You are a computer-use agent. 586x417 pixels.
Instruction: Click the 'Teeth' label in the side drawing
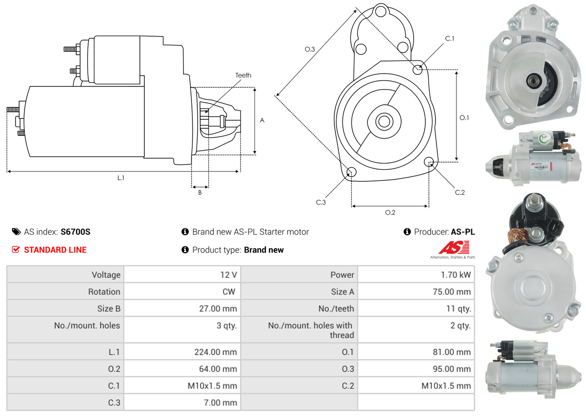(x=243, y=75)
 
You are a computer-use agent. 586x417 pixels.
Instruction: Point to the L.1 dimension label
(x=121, y=178)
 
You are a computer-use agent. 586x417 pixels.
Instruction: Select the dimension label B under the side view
(x=200, y=192)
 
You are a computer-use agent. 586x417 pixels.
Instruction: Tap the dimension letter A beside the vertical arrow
(x=262, y=120)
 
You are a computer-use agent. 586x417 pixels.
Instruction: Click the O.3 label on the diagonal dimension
(x=309, y=49)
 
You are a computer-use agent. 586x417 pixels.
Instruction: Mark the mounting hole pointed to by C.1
(x=417, y=69)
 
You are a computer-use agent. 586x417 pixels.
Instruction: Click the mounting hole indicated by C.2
(x=429, y=161)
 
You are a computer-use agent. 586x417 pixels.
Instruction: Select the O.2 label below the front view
(x=390, y=213)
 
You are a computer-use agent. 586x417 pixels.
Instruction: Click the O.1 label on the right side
(x=464, y=118)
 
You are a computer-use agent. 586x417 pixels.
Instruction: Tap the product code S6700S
(x=75, y=232)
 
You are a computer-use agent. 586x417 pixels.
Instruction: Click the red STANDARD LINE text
(x=55, y=250)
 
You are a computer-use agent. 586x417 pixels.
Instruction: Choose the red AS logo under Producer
(x=454, y=248)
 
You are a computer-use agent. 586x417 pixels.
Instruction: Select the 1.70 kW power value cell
(x=456, y=275)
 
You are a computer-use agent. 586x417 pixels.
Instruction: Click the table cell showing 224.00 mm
(x=216, y=352)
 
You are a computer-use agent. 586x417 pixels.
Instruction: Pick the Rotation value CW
(x=228, y=292)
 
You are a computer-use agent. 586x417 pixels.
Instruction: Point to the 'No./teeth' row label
(x=336, y=309)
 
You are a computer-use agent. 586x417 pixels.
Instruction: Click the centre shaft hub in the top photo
(x=533, y=81)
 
